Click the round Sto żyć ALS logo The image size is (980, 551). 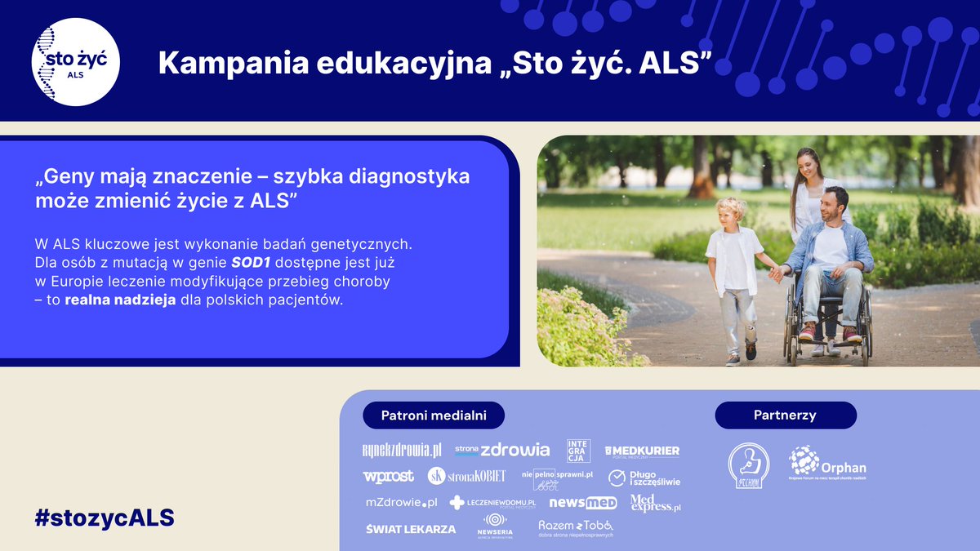[x=76, y=63]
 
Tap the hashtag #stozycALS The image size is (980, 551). [x=105, y=518]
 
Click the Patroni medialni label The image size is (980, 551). [x=434, y=415]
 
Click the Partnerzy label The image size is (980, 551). [x=785, y=415]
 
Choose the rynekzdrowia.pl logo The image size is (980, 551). [x=402, y=451]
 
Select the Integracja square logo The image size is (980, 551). [x=578, y=451]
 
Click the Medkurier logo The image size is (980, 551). [x=642, y=451]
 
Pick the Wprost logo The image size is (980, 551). [x=388, y=476]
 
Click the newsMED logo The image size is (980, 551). [x=582, y=503]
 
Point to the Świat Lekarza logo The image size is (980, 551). [x=411, y=529]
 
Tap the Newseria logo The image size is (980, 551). [x=495, y=526]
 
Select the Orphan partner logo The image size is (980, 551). [x=826, y=463]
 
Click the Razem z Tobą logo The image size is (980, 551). [x=576, y=527]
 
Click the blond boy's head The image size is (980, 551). [x=731, y=209]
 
